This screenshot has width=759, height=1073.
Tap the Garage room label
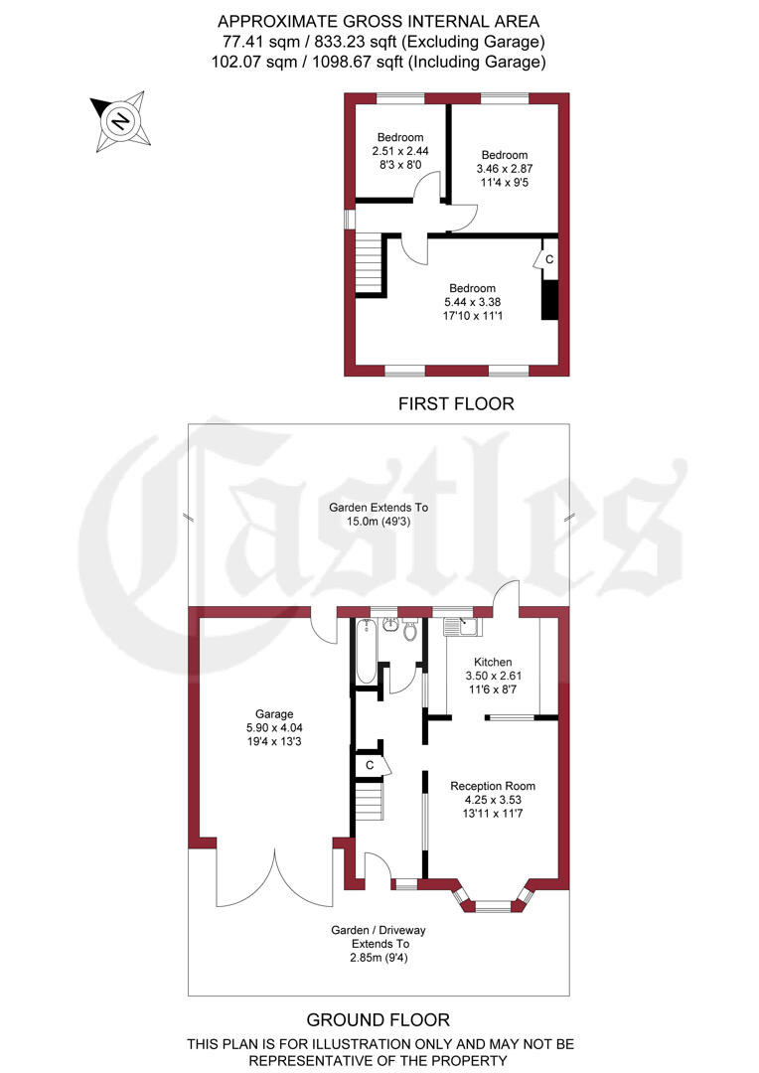tap(274, 713)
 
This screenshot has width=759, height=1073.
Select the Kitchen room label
tap(493, 662)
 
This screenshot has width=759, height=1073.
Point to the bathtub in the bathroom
tap(366, 651)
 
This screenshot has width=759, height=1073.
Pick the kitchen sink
tap(463, 626)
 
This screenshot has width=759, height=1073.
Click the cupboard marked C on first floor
tap(549, 259)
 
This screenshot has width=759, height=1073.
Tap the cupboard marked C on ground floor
tap(371, 764)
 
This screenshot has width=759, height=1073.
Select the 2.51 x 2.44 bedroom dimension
tap(399, 151)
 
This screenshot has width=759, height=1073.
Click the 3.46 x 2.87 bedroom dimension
tap(505, 169)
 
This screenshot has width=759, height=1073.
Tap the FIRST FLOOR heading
tap(456, 403)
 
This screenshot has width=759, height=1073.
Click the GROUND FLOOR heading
tap(378, 1020)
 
